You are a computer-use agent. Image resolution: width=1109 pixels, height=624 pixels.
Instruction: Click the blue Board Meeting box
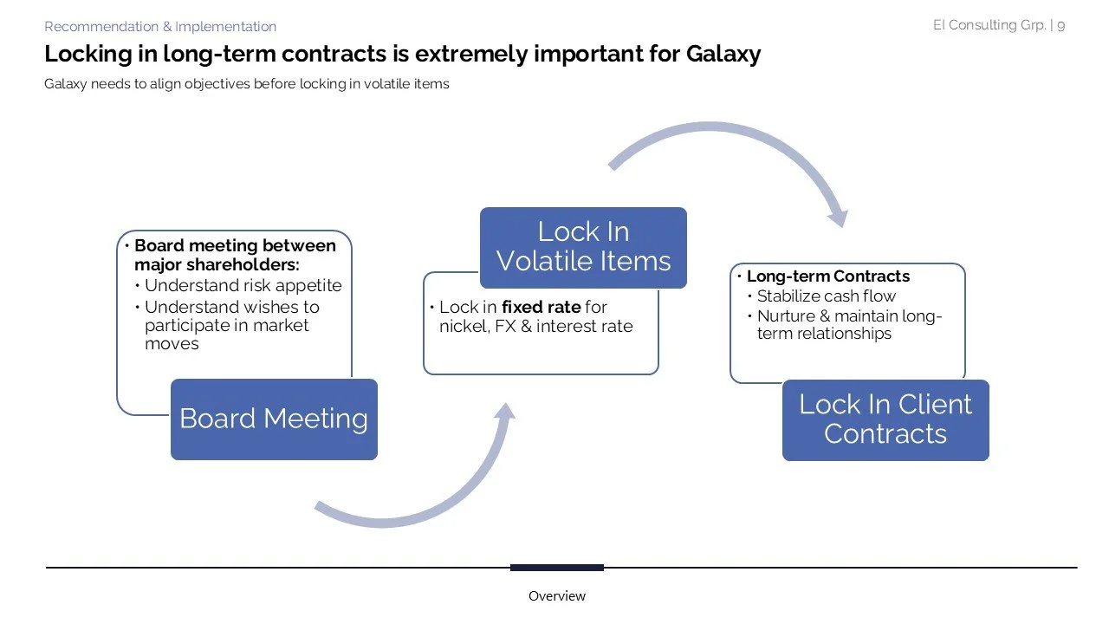(x=274, y=419)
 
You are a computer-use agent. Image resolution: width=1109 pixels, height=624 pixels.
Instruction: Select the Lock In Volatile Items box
(x=583, y=247)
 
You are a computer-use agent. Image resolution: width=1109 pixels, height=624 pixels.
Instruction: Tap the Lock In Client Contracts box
(x=885, y=419)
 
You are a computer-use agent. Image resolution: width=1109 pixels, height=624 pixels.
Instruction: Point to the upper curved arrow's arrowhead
(x=835, y=216)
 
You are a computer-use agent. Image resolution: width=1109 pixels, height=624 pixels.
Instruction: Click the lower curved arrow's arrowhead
(x=505, y=415)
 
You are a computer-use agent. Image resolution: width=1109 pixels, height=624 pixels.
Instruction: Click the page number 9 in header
(x=1061, y=25)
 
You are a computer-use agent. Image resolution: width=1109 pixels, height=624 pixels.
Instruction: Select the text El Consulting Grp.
(x=989, y=25)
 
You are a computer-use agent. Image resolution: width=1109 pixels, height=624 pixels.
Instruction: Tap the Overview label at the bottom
(x=557, y=596)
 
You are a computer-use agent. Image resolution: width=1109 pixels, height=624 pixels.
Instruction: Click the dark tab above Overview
(x=556, y=568)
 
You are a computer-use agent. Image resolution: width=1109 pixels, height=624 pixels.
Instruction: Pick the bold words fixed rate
(x=541, y=307)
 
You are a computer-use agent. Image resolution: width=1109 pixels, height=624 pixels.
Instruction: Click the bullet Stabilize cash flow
(x=827, y=296)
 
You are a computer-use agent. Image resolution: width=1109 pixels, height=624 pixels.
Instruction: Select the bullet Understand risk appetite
(x=243, y=285)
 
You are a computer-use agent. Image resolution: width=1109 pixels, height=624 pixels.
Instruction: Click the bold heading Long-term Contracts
(x=827, y=276)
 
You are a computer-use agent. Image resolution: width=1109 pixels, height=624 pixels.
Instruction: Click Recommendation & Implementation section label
(x=160, y=27)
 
